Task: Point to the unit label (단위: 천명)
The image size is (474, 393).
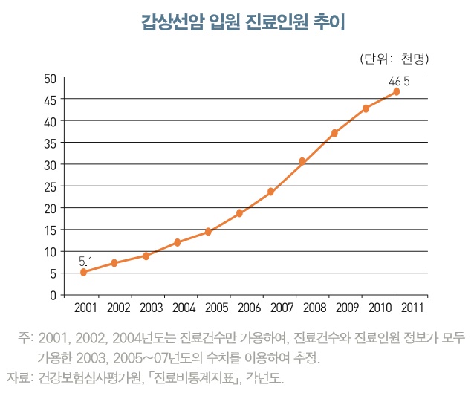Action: coord(395,59)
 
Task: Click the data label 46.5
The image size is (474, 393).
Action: coord(399,80)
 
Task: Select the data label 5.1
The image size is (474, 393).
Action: coord(85,261)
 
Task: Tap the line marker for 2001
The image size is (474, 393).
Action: coord(83,273)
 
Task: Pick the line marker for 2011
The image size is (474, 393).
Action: coord(397,91)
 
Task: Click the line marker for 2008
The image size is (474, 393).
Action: coord(302,161)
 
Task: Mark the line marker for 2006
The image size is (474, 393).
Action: coord(240,213)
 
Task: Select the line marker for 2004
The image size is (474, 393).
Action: coord(178,242)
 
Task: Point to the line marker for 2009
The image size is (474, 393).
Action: coord(334,133)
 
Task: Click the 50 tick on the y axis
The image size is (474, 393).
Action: coord(51,77)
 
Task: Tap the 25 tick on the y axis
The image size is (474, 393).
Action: coord(51,186)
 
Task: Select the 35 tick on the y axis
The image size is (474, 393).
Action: coord(51,143)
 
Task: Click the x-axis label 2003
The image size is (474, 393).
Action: coord(151,307)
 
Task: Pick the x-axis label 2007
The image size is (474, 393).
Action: coord(282,307)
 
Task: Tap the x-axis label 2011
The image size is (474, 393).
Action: coord(413,307)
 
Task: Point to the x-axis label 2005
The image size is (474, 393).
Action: coord(216,307)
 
